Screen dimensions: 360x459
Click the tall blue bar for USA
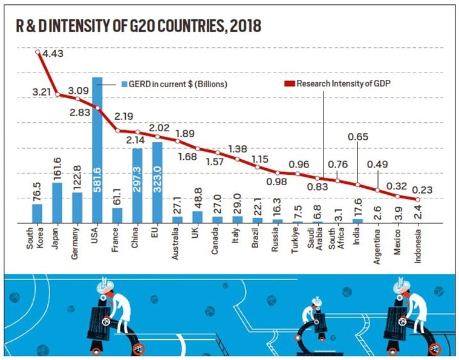[x=97, y=151]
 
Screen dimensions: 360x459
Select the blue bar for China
[x=137, y=185]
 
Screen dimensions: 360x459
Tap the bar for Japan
[x=57, y=202]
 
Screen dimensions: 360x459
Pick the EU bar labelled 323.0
[x=157, y=182]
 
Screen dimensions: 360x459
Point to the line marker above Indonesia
[x=417, y=199]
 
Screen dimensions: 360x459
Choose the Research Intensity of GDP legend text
[x=343, y=83]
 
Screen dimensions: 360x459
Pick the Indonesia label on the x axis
[x=418, y=247]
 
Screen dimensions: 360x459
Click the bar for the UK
[x=197, y=217]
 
